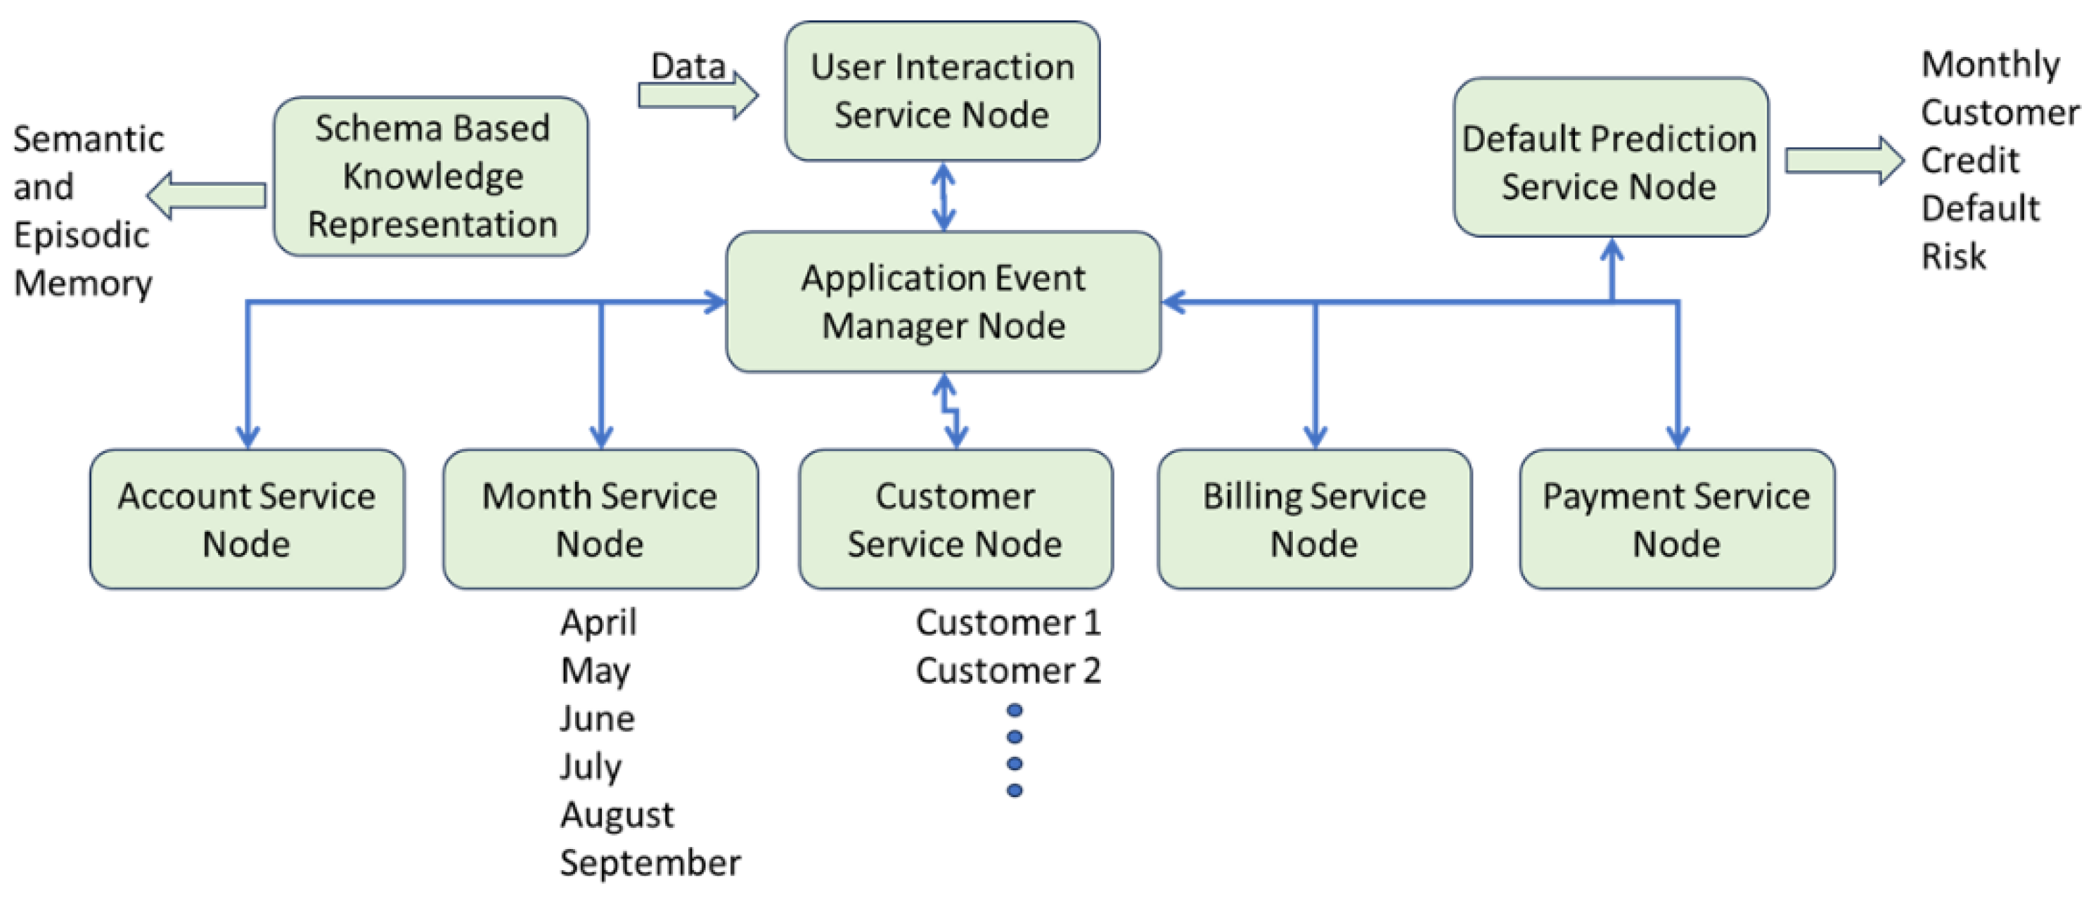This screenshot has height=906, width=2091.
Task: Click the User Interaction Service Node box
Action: click(942, 91)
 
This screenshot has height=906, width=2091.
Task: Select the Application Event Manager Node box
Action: click(944, 302)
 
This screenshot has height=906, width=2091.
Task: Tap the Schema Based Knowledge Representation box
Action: click(431, 176)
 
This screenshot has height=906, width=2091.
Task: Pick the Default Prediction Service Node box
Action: click(1611, 158)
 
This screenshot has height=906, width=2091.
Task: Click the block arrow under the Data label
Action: click(698, 96)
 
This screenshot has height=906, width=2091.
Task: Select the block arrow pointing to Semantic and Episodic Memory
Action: click(206, 196)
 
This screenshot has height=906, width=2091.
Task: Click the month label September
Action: click(650, 862)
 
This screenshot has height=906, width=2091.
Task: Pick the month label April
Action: click(598, 623)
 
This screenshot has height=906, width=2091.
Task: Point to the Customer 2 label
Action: click(1008, 670)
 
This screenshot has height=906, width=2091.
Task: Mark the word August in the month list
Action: click(617, 815)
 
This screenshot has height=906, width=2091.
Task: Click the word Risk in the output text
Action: click(1954, 257)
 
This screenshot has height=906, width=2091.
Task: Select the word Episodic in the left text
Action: click(81, 236)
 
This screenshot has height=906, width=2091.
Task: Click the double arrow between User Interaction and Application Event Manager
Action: click(944, 196)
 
